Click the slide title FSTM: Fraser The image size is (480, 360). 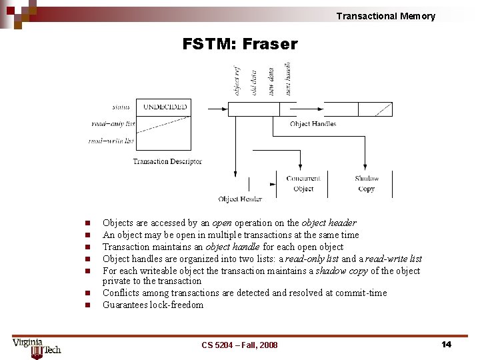(240, 45)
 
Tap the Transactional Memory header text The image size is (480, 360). (385, 16)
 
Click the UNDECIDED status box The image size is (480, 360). (165, 107)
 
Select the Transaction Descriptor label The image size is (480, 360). (167, 161)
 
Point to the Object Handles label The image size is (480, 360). (313, 124)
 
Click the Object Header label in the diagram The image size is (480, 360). (240, 199)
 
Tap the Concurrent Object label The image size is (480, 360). (303, 183)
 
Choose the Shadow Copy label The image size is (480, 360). (367, 183)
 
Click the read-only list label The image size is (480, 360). (113, 123)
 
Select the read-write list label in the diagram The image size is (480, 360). (111, 141)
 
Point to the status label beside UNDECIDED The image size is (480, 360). (121, 107)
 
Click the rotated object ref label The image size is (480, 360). (237, 80)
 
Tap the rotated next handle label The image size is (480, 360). (288, 79)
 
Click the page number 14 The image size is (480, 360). (446, 344)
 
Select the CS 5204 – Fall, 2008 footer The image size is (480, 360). (239, 345)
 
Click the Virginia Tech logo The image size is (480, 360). (37, 347)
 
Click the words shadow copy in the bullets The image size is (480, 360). (338, 271)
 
